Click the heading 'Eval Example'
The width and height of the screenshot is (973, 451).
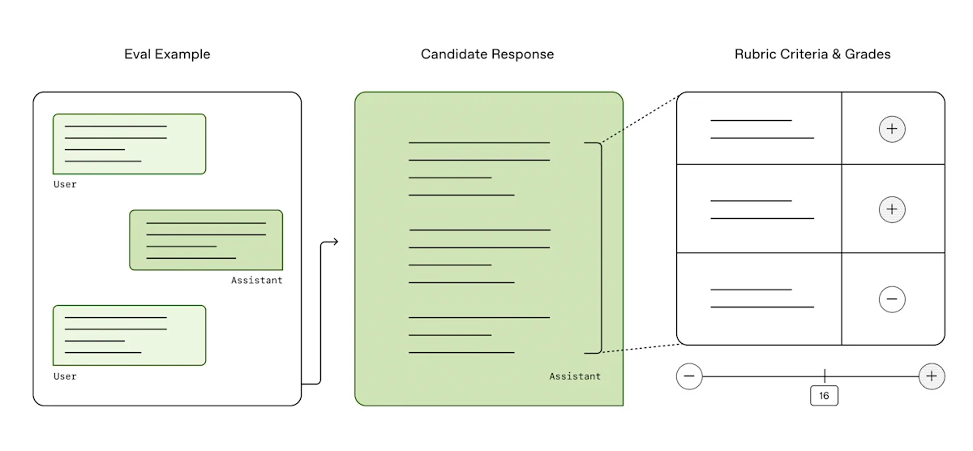[x=167, y=54]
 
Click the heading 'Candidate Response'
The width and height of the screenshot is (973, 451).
[x=487, y=54]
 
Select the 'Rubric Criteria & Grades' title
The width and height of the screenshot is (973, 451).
[x=812, y=54]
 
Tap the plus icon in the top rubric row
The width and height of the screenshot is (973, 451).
[x=892, y=129]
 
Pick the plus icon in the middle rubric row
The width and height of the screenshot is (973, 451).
[x=892, y=209]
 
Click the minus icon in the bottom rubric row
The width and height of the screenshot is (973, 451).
[x=892, y=299]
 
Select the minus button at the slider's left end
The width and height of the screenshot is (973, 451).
[x=689, y=376]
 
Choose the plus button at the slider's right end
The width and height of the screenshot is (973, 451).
[x=932, y=376]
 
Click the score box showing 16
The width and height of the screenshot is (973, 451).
[x=825, y=396]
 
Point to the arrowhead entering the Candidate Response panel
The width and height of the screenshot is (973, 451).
[x=334, y=242]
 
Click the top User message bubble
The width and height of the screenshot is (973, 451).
[x=129, y=144]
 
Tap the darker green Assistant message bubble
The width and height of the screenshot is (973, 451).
[x=206, y=240]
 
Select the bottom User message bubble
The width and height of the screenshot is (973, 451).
[x=129, y=335]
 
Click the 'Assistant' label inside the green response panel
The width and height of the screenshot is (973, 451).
[x=575, y=376]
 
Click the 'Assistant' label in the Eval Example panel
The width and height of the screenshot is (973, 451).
[x=257, y=281]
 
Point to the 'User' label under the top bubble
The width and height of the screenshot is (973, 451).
[x=65, y=185]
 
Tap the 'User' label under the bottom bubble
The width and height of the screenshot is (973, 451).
[x=65, y=377]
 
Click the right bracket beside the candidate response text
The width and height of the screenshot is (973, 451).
[x=601, y=247]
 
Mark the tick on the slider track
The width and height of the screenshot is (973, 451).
[x=825, y=376]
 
